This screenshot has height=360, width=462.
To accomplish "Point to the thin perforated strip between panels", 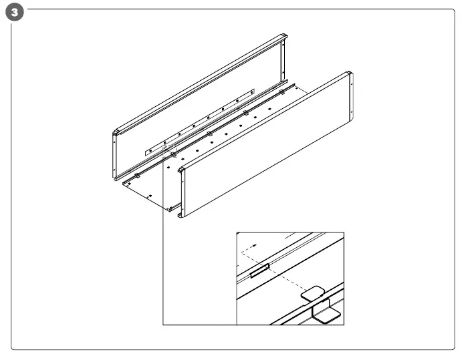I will tap(201, 120).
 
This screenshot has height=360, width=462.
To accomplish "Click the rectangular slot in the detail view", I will tap(259, 271).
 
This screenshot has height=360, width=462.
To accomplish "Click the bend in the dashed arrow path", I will tap(242, 256).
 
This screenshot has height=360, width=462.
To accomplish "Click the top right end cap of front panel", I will tap(349, 74).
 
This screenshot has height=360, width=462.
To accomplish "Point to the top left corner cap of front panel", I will tap(181, 171).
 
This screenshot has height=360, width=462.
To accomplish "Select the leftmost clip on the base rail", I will tap(137, 176).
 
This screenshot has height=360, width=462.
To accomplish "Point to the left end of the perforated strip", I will tap(148, 152).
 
